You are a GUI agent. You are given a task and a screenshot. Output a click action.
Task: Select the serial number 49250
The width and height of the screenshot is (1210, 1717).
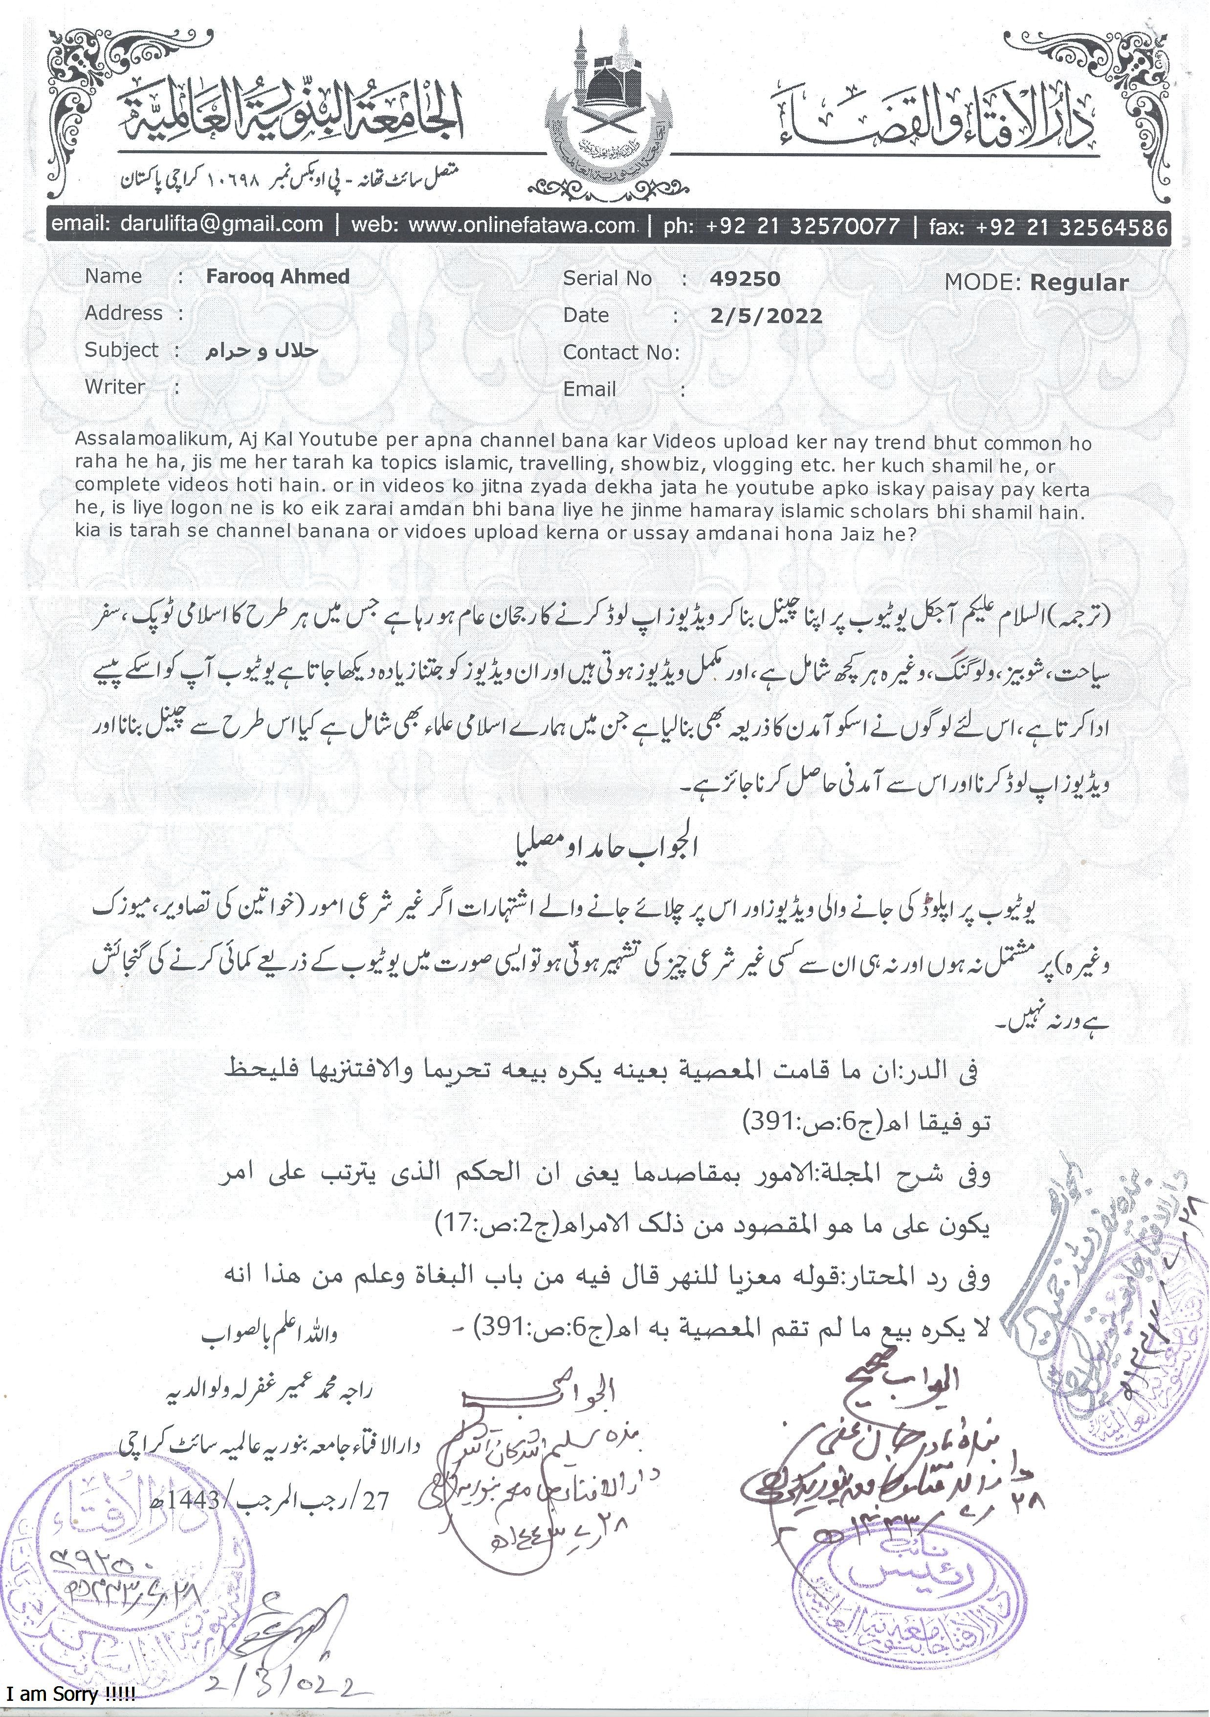coord(745,279)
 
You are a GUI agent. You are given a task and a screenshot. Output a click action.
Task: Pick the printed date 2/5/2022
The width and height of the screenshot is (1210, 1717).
coord(766,316)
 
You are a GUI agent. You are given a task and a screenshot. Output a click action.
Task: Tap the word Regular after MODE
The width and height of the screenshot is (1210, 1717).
coord(1078,283)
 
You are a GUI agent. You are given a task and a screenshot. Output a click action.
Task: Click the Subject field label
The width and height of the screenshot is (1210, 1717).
coord(121,349)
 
